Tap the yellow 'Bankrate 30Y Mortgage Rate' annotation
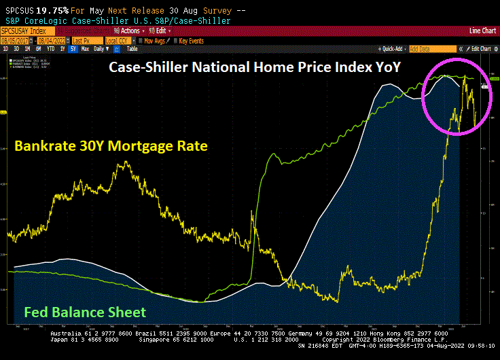point(110,146)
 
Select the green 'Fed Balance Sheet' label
point(85,312)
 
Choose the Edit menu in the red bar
point(160,31)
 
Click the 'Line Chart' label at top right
point(483,31)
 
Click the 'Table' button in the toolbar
point(132,49)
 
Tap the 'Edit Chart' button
point(480,49)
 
